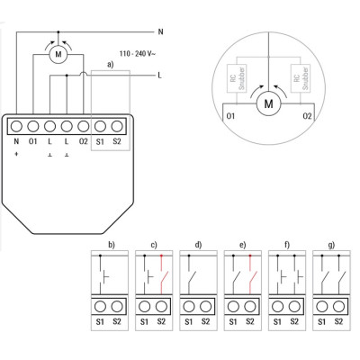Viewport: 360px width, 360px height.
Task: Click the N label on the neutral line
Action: coord(160,31)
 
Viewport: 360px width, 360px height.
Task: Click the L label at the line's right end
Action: coord(159,76)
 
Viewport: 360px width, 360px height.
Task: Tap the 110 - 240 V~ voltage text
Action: coord(138,54)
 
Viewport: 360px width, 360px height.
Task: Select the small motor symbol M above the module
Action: coord(58,54)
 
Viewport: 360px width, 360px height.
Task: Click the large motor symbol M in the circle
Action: coord(268,103)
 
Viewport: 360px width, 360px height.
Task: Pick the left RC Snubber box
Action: coord(238,78)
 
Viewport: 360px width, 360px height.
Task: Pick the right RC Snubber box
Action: coord(301,78)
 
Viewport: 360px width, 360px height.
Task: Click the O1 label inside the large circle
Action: coord(230,116)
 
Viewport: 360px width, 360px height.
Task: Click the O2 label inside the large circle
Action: coord(307,116)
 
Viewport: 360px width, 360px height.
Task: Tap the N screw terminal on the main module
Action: coord(17,127)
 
